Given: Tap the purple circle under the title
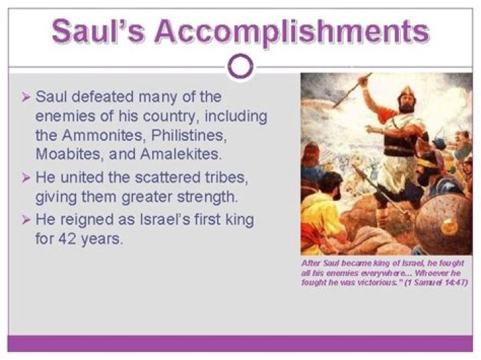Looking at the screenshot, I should coord(240,65).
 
